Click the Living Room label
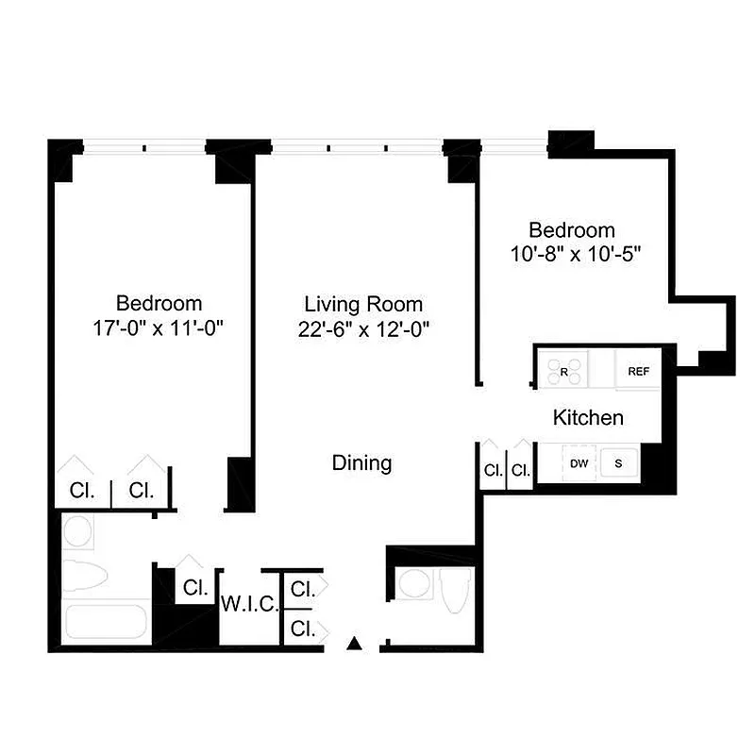(x=363, y=304)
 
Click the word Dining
(x=361, y=463)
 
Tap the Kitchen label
(x=587, y=417)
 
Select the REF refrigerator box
(x=639, y=371)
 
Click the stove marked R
(x=564, y=371)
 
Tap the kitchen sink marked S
(x=619, y=462)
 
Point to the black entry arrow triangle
(x=355, y=644)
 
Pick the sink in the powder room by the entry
(x=413, y=583)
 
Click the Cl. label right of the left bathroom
(x=195, y=587)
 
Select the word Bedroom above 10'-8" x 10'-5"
(x=571, y=229)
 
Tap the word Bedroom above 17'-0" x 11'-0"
(x=159, y=304)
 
